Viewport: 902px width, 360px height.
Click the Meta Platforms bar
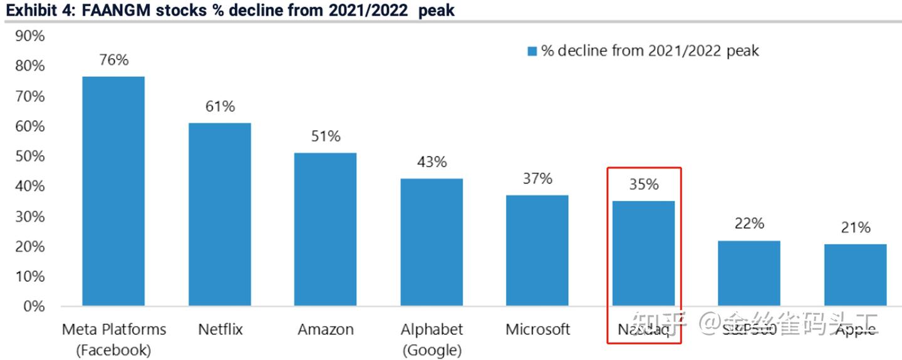pyautogui.click(x=113, y=191)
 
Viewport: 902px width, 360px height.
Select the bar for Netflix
pyautogui.click(x=220, y=214)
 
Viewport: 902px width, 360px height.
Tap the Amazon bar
pyautogui.click(x=326, y=229)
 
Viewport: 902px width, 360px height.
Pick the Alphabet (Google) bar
pyautogui.click(x=432, y=242)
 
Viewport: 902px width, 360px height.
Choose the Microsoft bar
pyautogui.click(x=537, y=250)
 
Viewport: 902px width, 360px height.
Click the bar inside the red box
pyautogui.click(x=643, y=254)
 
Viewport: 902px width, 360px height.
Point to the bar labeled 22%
pyautogui.click(x=749, y=273)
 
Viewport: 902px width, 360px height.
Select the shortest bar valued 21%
pyautogui.click(x=855, y=275)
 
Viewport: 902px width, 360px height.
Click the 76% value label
pyautogui.click(x=113, y=60)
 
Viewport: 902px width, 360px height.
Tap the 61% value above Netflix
pyautogui.click(x=220, y=106)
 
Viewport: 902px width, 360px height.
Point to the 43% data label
pyautogui.click(x=432, y=162)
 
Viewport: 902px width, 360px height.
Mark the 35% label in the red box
pyautogui.click(x=643, y=185)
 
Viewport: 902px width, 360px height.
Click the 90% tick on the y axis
pyautogui.click(x=29, y=36)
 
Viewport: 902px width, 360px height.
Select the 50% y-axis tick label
pyautogui.click(x=29, y=157)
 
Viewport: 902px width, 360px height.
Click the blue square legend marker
pyautogui.click(x=532, y=51)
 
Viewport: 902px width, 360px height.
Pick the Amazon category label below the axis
pyautogui.click(x=326, y=329)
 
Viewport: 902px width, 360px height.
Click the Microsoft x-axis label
pyautogui.click(x=537, y=329)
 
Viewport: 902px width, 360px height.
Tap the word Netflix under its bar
pyautogui.click(x=220, y=329)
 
